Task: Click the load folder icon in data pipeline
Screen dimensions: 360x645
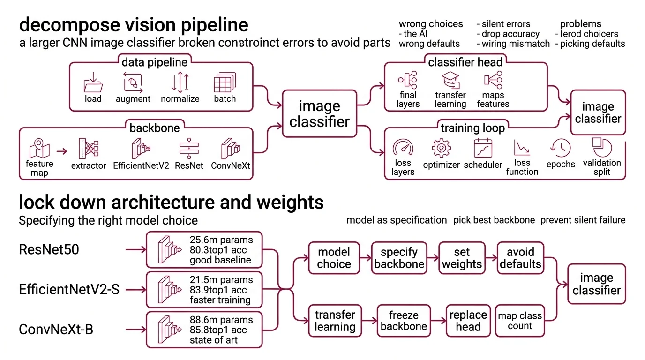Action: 93,83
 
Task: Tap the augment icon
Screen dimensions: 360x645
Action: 133,83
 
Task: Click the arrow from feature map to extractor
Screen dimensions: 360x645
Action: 61,151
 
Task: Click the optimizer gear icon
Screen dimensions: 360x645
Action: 441,149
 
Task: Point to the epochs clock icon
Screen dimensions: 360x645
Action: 561,149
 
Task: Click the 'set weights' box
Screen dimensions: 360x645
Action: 462,258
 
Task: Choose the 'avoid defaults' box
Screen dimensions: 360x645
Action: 520,258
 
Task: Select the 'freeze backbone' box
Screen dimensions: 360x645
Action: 403,321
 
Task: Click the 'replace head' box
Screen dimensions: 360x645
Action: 468,321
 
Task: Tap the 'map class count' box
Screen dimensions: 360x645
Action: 520,321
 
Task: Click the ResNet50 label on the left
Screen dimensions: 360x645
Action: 49,249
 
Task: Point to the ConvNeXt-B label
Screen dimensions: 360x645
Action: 56,330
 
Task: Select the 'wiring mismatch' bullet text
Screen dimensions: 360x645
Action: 513,44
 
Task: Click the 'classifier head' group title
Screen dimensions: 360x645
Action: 465,62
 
